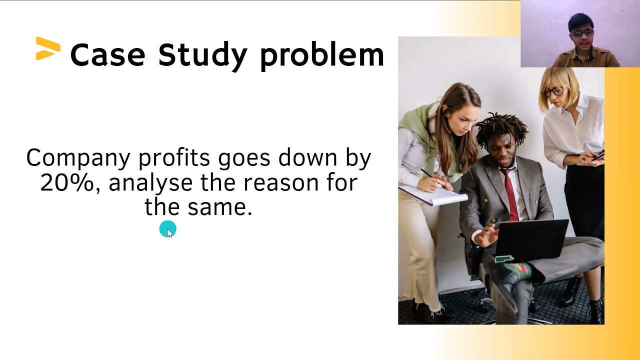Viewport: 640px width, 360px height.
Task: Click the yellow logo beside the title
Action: pos(48,49)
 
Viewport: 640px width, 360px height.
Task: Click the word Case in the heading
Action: pos(107,54)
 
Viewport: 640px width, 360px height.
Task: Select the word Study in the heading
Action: pos(202,55)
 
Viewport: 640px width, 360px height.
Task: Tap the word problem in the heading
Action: pos(321,54)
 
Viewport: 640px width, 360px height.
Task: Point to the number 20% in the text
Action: pos(67,182)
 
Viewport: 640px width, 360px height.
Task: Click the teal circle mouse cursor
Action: pos(167,229)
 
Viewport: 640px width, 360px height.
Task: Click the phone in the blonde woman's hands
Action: pos(598,156)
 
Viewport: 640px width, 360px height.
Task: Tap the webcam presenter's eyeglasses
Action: pos(582,33)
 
